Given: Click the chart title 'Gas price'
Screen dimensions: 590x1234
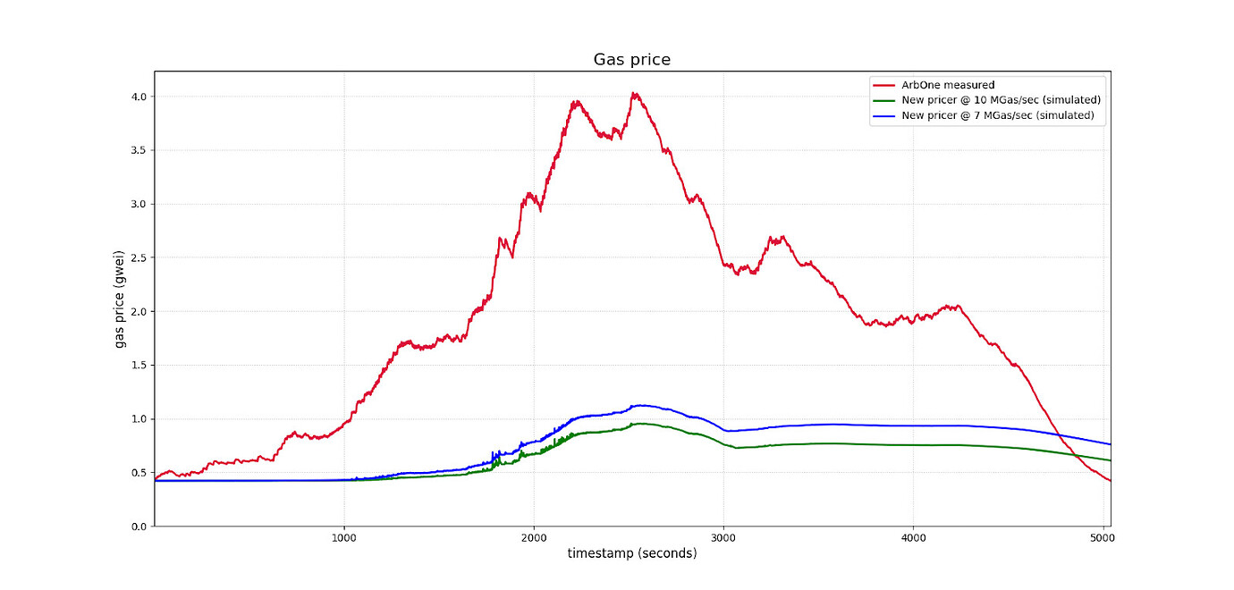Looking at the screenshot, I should tap(631, 60).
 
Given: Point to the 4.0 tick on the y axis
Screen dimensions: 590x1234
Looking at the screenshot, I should tap(139, 97).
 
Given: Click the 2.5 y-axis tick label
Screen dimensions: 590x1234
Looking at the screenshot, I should tap(139, 257).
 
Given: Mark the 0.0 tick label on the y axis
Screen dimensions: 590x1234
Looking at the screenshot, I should tap(139, 527).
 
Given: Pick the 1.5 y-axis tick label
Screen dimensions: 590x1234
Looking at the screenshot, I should tap(139, 366).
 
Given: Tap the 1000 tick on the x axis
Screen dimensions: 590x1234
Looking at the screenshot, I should tap(344, 539).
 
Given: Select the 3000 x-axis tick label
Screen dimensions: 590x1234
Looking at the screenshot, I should tap(723, 539).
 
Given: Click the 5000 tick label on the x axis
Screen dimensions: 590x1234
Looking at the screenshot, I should tap(1103, 539).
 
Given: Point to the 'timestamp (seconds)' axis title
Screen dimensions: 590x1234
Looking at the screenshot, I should tap(631, 554).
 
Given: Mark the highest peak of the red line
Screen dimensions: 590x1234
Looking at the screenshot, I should tap(634, 93).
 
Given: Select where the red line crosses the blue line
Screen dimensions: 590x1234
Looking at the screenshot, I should tap(1056, 434).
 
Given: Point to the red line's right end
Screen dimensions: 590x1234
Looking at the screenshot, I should tap(1110, 481).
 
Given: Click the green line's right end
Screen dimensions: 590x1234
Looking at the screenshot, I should tap(1110, 460).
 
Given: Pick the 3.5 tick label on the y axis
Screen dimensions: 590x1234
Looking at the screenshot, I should tap(139, 150).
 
